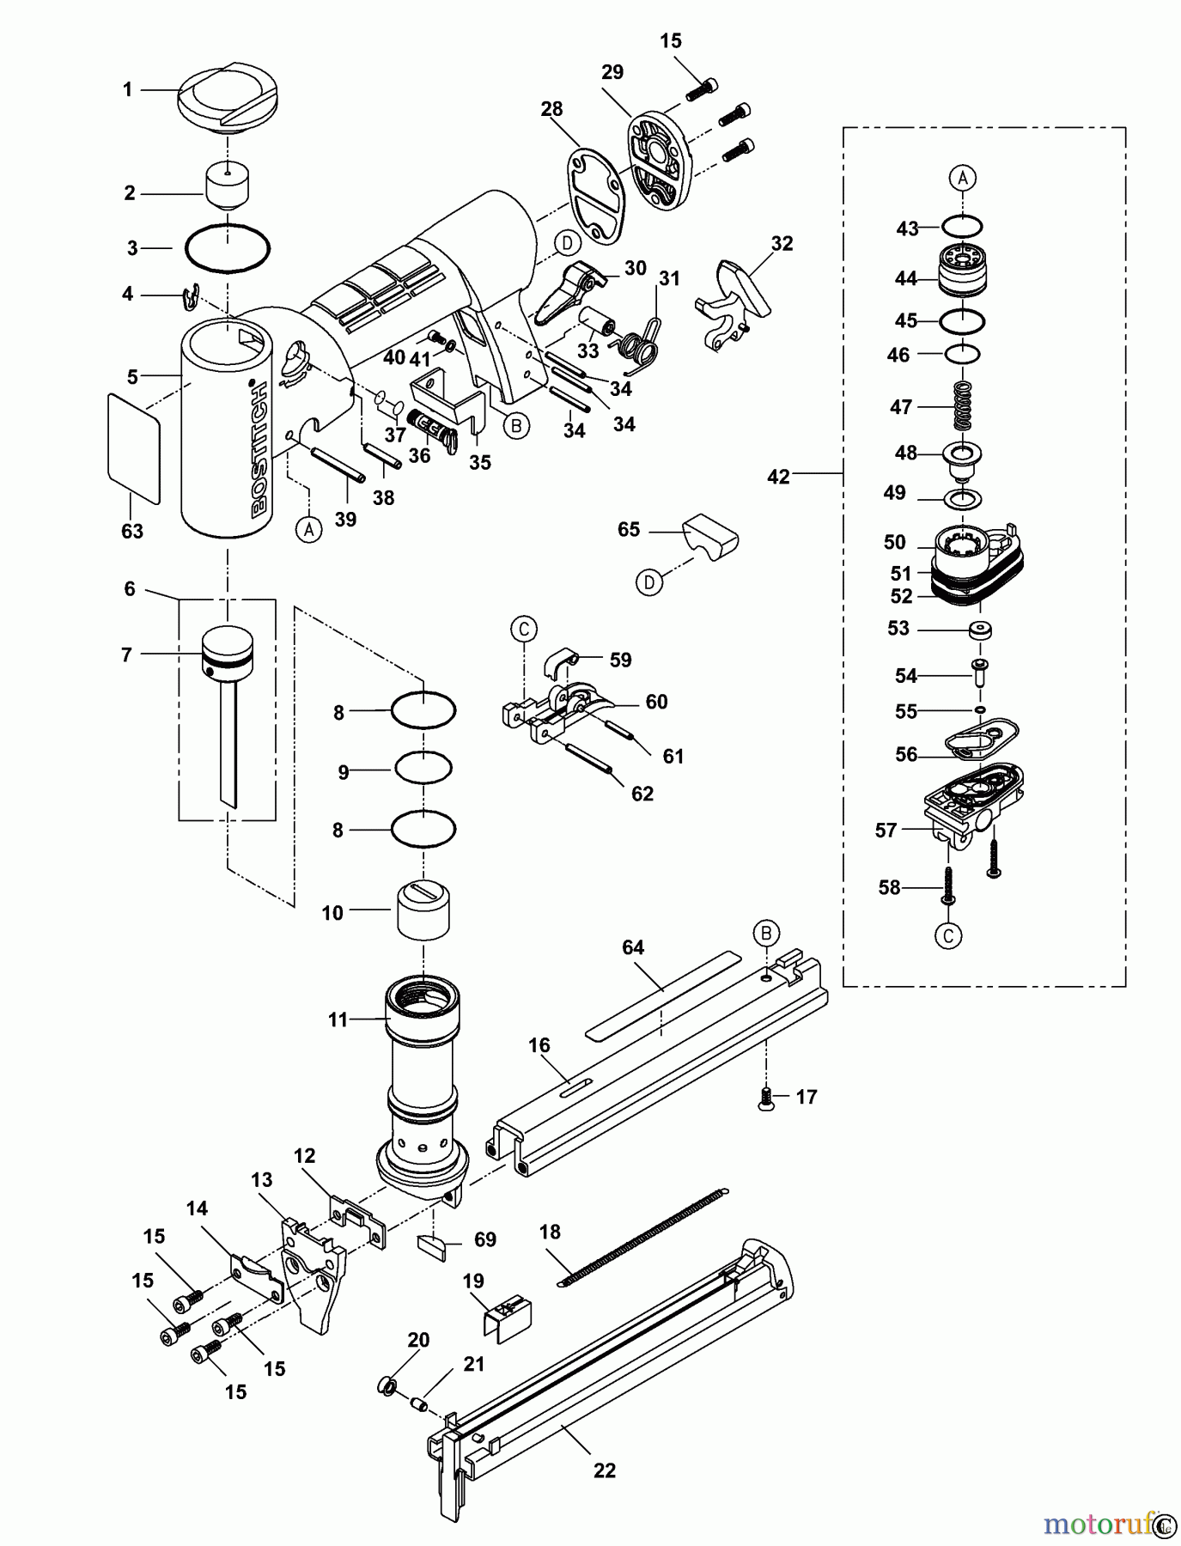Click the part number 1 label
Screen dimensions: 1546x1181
127,89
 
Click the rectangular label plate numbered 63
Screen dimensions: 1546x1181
134,448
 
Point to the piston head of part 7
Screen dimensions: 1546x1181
228,651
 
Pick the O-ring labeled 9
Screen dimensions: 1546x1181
423,766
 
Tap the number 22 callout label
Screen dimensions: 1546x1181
605,1470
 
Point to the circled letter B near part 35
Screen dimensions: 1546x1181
515,425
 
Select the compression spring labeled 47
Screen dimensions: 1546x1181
963,405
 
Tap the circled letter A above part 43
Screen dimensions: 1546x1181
963,178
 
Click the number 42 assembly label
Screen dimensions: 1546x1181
778,477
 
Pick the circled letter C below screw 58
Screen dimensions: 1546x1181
948,935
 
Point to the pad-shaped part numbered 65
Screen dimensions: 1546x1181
710,536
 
